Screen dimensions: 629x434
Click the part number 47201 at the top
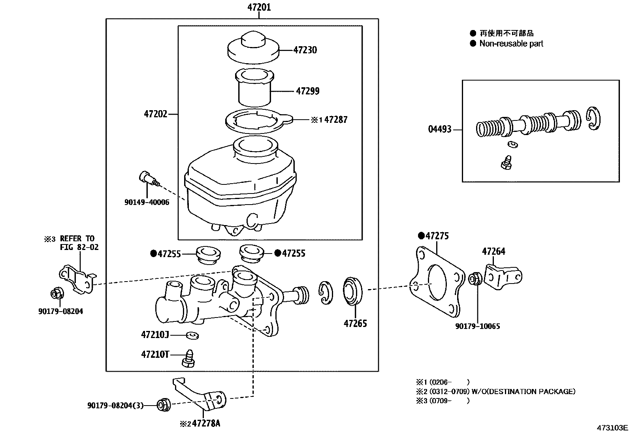pyautogui.click(x=259, y=7)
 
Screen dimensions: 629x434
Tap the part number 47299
pyautogui.click(x=308, y=91)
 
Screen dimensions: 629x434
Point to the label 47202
pyautogui.click(x=156, y=114)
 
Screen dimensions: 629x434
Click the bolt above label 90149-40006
pyautogui.click(x=149, y=178)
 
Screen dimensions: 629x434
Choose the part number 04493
pyautogui.click(x=440, y=129)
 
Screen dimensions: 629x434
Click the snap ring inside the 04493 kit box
pyautogui.click(x=593, y=118)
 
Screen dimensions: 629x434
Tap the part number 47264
pyautogui.click(x=493, y=251)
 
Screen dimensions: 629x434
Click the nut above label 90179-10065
pyautogui.click(x=475, y=278)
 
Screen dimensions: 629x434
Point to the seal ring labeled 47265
pyautogui.click(x=353, y=291)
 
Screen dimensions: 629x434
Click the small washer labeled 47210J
pyautogui.click(x=192, y=335)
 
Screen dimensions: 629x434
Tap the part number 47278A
pyautogui.click(x=206, y=423)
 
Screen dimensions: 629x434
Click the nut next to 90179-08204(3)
pyautogui.click(x=163, y=405)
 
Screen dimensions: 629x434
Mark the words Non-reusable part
pyautogui.click(x=511, y=43)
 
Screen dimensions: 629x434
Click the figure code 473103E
pyautogui.click(x=612, y=428)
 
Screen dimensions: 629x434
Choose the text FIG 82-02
pyautogui.click(x=79, y=247)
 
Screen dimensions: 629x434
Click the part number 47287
pyautogui.click(x=336, y=120)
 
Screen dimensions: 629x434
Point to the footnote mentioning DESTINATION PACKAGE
pyautogui.click(x=495, y=391)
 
